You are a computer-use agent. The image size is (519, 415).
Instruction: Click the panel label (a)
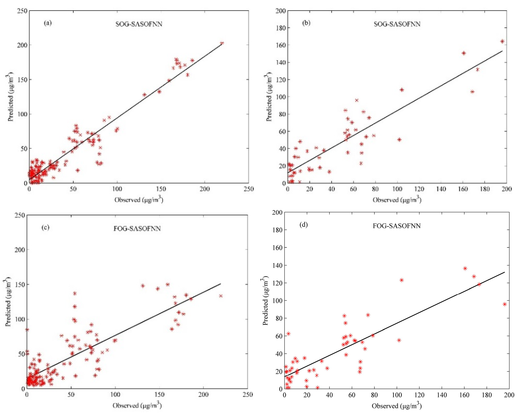pos(48,23)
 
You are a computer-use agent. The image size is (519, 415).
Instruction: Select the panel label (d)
pos(304,225)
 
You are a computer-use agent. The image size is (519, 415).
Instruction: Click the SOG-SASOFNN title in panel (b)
pos(397,24)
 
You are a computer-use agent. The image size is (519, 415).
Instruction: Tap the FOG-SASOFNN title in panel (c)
pos(137,229)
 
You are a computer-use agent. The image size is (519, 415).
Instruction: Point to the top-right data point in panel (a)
pos(222,43)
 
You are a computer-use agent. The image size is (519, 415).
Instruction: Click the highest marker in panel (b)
pos(502,41)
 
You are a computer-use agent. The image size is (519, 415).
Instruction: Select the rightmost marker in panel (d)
pos(505,304)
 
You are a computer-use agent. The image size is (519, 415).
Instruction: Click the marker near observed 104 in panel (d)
pos(401,280)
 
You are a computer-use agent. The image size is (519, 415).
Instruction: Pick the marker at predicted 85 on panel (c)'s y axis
pos(27,330)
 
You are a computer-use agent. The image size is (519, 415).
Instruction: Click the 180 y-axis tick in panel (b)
pos(280,28)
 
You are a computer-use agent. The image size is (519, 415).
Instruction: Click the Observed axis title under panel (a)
pos(139,200)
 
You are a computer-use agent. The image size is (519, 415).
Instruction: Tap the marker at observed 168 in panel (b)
pos(472,92)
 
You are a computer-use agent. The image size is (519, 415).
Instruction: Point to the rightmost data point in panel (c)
pos(221,296)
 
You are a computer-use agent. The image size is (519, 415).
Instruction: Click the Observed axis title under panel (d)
pos(397,406)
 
